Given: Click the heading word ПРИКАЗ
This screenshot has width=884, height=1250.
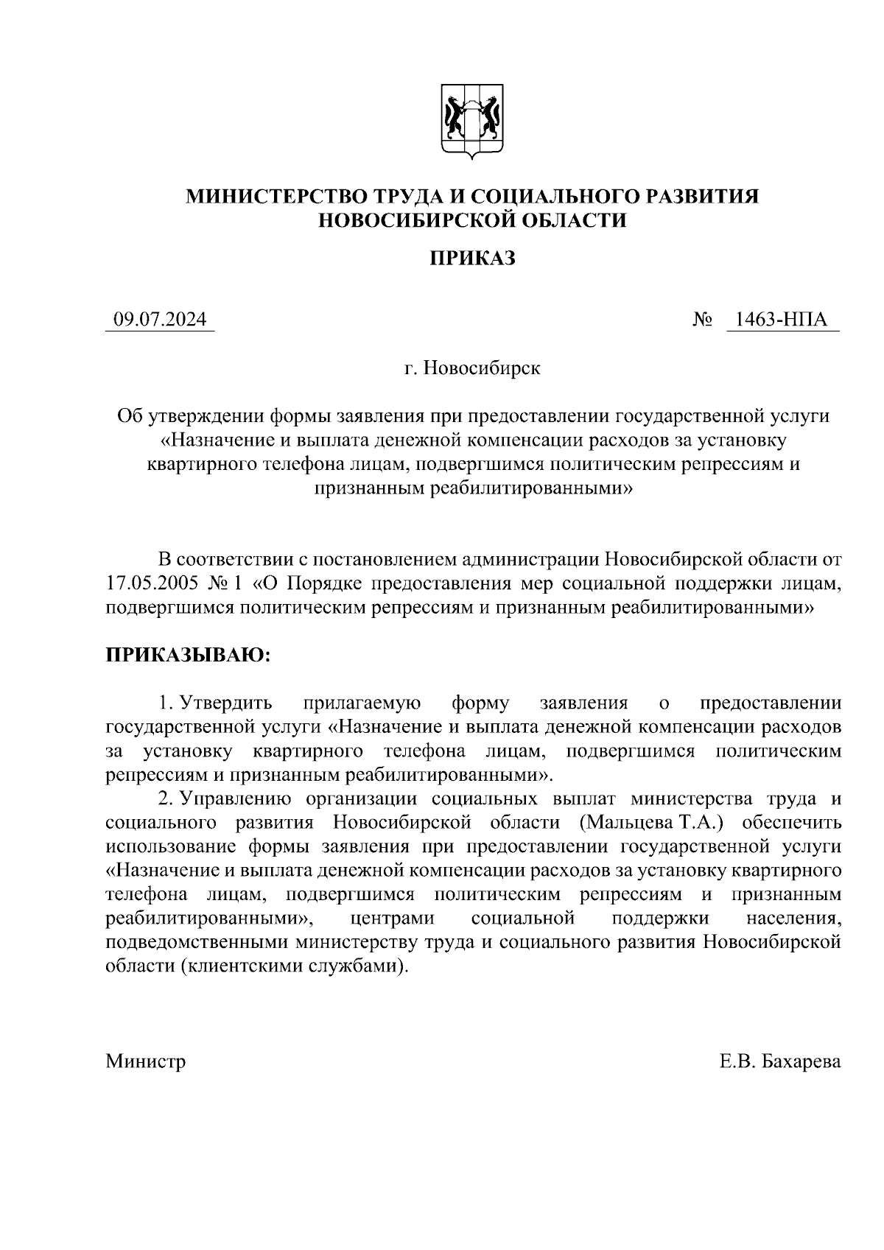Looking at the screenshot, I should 472,258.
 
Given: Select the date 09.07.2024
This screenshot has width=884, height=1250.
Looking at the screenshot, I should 159,320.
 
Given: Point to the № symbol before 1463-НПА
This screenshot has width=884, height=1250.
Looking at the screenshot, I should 702,320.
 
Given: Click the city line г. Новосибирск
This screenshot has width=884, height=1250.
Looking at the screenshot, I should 472,368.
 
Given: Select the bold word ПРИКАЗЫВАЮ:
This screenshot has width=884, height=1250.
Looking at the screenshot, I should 189,656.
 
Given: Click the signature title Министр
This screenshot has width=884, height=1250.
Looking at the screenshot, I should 146,1061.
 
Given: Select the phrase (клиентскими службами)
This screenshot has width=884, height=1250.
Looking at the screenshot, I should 292,966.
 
